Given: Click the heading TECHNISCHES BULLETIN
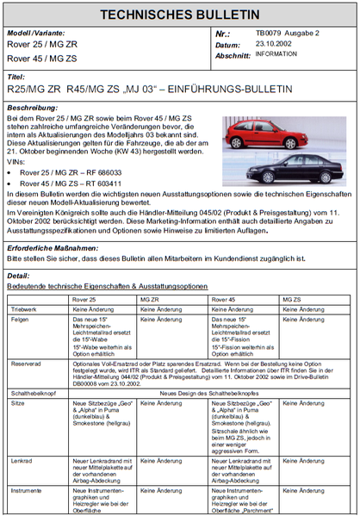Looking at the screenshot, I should pos(179,15).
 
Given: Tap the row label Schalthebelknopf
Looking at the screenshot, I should pos(32,393).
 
